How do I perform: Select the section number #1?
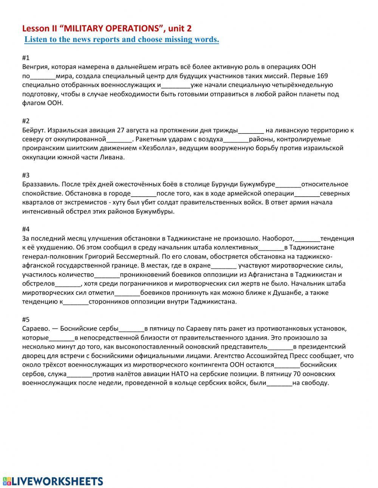26,58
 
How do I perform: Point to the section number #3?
26,175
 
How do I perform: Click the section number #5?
26,319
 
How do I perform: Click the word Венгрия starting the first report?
35,67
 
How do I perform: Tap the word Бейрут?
34,130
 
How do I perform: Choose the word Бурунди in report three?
225,184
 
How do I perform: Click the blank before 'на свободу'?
279,383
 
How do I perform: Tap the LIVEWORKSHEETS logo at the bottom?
53,471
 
